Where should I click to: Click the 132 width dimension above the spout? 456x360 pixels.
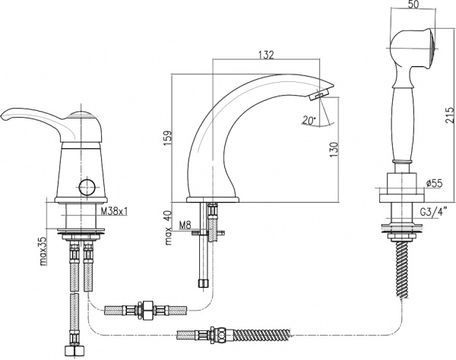pyautogui.click(x=264, y=55)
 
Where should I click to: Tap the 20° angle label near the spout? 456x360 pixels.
pyautogui.click(x=309, y=119)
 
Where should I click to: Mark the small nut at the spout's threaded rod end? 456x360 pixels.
pyautogui.click(x=202, y=283)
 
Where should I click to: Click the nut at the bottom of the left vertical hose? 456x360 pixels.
pyautogui.click(x=75, y=352)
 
